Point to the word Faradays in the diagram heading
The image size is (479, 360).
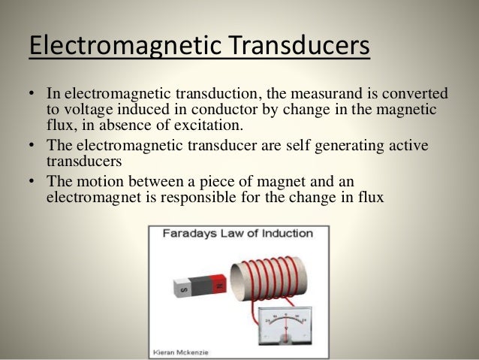pyautogui.click(x=189, y=233)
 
